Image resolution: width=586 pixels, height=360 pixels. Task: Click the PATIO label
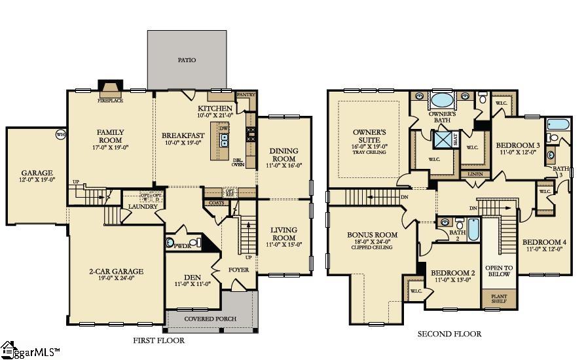[x=187, y=60]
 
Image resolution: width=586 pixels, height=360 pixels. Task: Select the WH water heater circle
[x=60, y=135]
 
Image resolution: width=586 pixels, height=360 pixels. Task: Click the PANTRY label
[x=246, y=95]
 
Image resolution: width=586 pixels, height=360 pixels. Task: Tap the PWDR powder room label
[x=182, y=245]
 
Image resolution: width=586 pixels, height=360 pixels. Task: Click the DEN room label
[x=192, y=276]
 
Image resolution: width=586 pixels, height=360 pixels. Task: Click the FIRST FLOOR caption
[x=158, y=340]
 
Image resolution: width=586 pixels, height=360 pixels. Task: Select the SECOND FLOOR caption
[x=449, y=334]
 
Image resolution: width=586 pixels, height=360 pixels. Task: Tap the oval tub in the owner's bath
[x=443, y=101]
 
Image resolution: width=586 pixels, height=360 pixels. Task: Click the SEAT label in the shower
[x=456, y=139]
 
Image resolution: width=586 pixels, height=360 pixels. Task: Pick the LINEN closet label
[x=475, y=174]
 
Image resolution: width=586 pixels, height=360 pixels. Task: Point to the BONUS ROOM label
[x=372, y=234]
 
